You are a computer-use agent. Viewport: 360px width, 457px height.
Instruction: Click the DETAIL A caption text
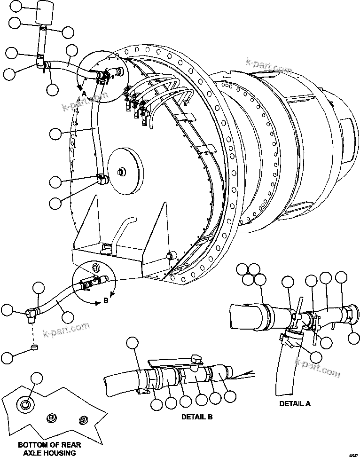[x=295, y=403]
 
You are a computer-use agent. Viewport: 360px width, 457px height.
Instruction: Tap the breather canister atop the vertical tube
[x=46, y=13]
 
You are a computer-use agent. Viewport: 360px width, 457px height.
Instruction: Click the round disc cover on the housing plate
[x=125, y=173]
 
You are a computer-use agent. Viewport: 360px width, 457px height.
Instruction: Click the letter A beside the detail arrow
[x=84, y=94]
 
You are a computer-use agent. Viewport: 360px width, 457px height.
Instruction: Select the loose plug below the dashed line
[x=33, y=348]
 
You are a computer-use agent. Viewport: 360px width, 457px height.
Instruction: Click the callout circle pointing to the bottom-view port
[x=37, y=378]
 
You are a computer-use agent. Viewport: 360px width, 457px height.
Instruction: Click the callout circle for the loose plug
[x=8, y=357]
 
